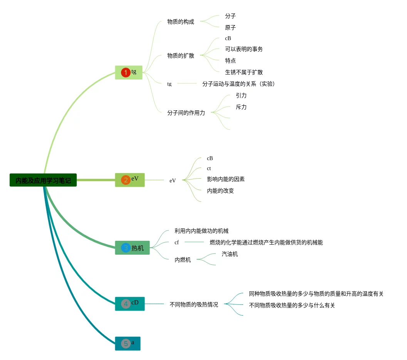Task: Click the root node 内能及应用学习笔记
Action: (43, 180)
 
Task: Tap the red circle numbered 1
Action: (125, 73)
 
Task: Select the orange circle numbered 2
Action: (126, 180)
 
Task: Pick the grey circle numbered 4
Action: (126, 304)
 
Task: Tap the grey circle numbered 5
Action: (125, 343)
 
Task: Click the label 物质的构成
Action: (180, 22)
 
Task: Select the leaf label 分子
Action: (230, 16)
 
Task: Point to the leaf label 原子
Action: (230, 28)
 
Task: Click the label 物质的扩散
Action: (180, 56)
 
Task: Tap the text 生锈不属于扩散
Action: (244, 72)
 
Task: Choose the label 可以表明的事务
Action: (244, 49)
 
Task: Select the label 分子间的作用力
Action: (186, 113)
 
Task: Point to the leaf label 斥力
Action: (241, 107)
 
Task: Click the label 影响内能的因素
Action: (225, 179)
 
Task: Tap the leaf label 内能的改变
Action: (220, 191)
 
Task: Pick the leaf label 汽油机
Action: (230, 254)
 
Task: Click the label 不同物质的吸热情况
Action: (193, 304)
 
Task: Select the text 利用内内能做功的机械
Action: (201, 231)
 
